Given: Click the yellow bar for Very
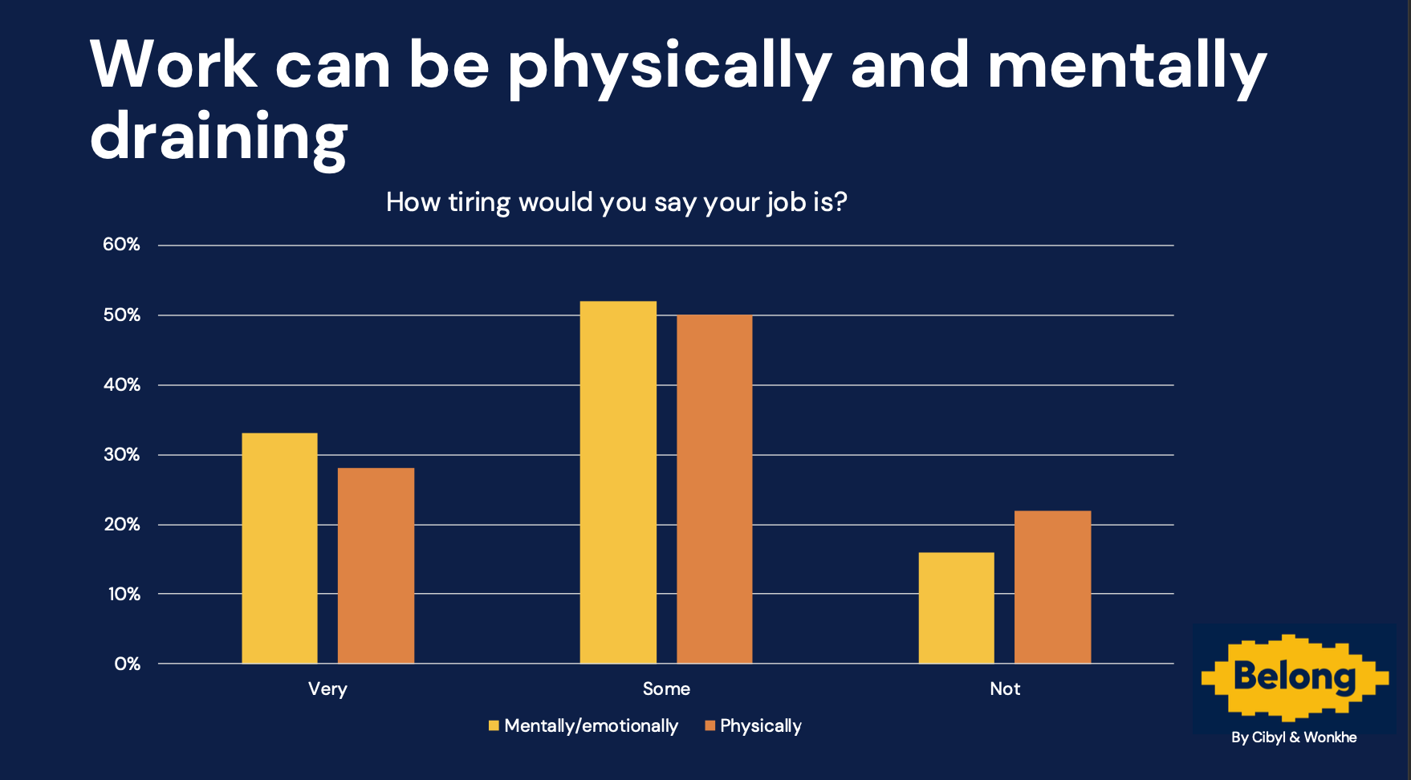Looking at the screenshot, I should tap(279, 548).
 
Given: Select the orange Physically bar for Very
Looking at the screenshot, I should tap(376, 565).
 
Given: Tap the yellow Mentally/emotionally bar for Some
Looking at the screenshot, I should tap(618, 481).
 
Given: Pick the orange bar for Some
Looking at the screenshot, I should tap(714, 489).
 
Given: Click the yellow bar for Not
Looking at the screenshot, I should tap(956, 607).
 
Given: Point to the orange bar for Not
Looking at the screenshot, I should tap(1052, 587).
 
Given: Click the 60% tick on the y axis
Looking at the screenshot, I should tap(121, 245).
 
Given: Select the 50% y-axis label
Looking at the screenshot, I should tap(121, 315).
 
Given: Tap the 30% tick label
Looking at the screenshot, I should tap(121, 454).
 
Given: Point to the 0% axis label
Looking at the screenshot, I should tap(127, 664).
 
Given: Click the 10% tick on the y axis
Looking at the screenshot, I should tap(124, 594).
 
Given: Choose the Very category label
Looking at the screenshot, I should tap(327, 689).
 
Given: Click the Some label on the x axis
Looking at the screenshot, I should tap(666, 689).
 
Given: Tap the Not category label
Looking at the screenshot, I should tap(1005, 689).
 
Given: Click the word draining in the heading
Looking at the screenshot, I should tap(218, 136).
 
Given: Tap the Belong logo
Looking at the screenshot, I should tap(1294, 677).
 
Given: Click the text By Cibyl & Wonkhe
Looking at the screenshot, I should tap(1294, 737).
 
